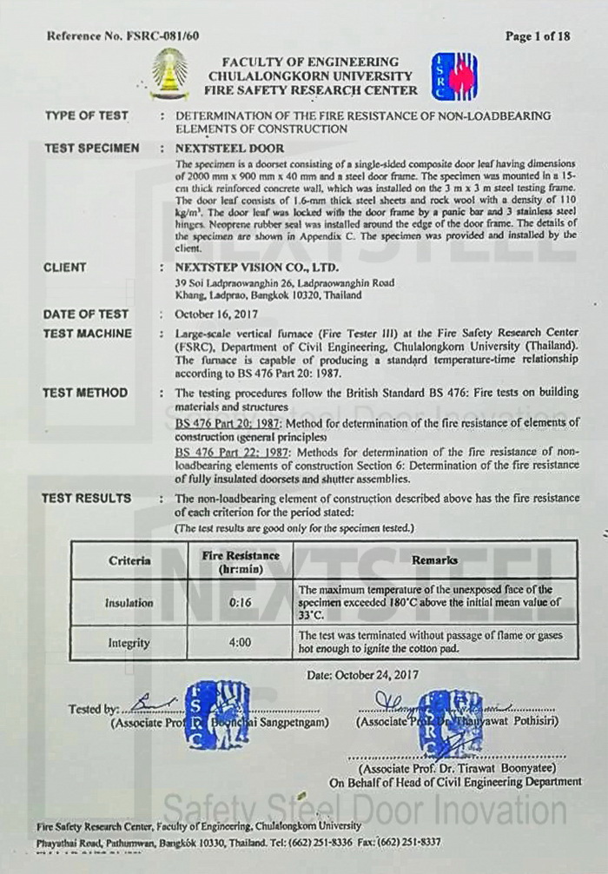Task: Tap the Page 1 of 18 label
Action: (x=538, y=36)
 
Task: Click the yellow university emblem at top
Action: (x=169, y=74)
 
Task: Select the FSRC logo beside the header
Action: (x=453, y=76)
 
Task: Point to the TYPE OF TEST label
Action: (x=86, y=116)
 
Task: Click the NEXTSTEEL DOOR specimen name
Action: (x=229, y=149)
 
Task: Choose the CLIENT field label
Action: (x=64, y=268)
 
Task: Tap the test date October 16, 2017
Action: (x=212, y=315)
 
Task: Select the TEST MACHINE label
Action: (x=87, y=334)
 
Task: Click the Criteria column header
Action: (x=129, y=560)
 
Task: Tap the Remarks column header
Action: (x=434, y=560)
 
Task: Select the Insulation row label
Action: (x=129, y=602)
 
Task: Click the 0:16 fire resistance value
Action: (x=239, y=602)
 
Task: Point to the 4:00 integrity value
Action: (x=239, y=644)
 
